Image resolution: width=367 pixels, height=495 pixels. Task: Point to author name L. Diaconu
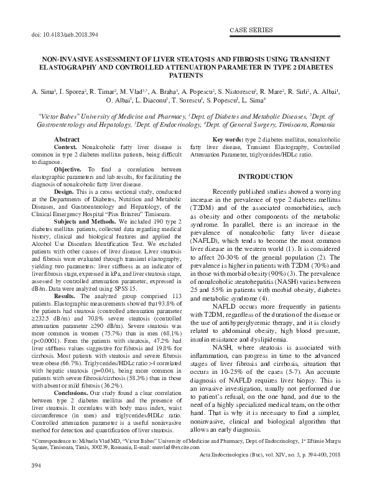tap(152, 100)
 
